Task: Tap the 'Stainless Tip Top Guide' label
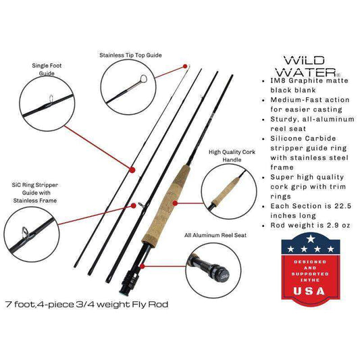tap(130, 55)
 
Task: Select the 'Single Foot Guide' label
tap(47, 70)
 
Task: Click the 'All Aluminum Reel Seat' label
tap(215, 235)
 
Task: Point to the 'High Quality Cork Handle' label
tap(232, 156)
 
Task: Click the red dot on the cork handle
tap(175, 203)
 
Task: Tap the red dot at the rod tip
tap(185, 66)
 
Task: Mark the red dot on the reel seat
tap(143, 266)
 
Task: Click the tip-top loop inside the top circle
tap(143, 79)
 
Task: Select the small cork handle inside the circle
tap(226, 190)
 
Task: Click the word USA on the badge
tap(309, 291)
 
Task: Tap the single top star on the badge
tap(311, 239)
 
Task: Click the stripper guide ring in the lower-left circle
tap(24, 232)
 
